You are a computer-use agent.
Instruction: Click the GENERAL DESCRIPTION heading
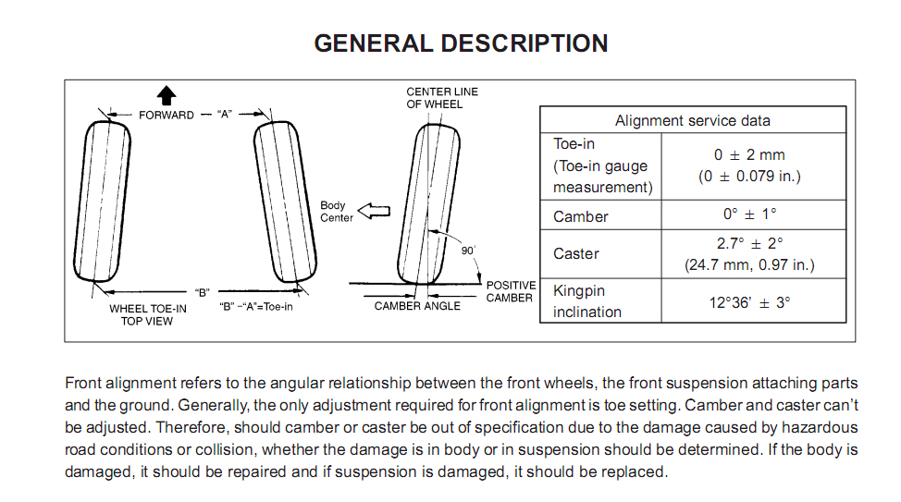461,43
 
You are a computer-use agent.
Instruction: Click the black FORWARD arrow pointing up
167,95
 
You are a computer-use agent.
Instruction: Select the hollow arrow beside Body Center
374,211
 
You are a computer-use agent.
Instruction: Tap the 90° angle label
468,251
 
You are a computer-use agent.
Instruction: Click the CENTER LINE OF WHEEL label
442,98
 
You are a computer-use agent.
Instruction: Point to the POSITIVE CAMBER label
511,292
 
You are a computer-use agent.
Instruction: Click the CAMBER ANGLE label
417,306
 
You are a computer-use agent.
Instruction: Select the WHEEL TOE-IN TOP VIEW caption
148,314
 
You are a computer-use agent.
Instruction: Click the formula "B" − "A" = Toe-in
255,307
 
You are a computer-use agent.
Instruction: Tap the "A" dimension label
225,115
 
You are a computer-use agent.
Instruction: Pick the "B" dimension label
202,292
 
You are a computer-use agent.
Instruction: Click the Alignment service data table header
693,120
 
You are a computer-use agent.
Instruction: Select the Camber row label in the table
580,216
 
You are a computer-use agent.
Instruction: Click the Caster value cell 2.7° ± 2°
749,243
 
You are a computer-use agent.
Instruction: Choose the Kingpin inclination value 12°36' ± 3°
749,302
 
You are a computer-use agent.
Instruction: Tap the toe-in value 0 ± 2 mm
749,154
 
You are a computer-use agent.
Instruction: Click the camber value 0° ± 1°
749,214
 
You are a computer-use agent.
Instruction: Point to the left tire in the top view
103,201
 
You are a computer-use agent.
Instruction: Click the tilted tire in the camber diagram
428,204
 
